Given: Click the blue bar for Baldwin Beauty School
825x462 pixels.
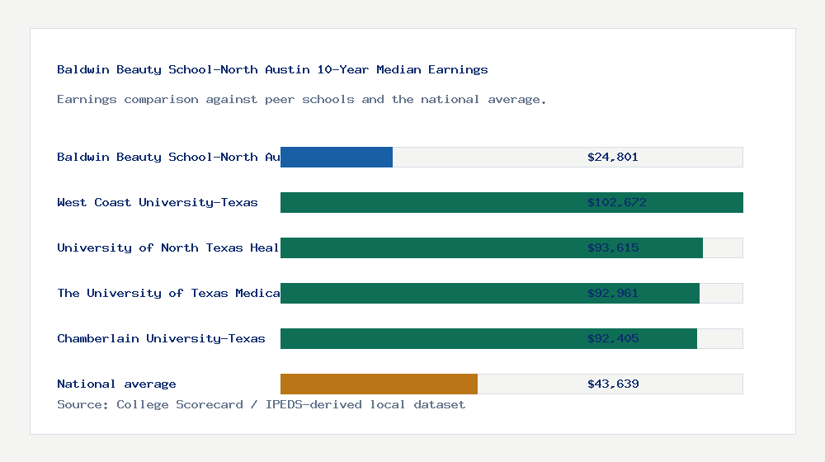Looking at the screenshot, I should (337, 157).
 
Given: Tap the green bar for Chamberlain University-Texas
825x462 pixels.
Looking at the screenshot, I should (429, 338).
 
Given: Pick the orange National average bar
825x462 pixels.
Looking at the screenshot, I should (379, 384).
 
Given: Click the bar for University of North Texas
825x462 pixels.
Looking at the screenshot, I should (429, 247).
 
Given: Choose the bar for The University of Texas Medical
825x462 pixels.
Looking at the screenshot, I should (429, 293).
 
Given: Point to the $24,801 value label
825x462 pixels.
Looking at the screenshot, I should (613, 157).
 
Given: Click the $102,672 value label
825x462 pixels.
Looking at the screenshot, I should (616, 202).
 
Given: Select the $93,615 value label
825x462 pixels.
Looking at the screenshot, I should (613, 247).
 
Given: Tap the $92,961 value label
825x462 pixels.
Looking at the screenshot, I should (613, 293).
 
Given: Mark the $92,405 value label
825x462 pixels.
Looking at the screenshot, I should (613, 338).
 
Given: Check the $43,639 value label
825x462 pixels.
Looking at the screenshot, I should (613, 384).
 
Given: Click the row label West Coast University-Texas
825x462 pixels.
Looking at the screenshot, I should (158, 202).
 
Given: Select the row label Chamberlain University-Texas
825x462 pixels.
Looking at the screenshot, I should (161, 338).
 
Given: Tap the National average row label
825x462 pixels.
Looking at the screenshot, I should (116, 384).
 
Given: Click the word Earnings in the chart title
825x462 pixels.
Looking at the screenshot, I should (458, 69).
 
